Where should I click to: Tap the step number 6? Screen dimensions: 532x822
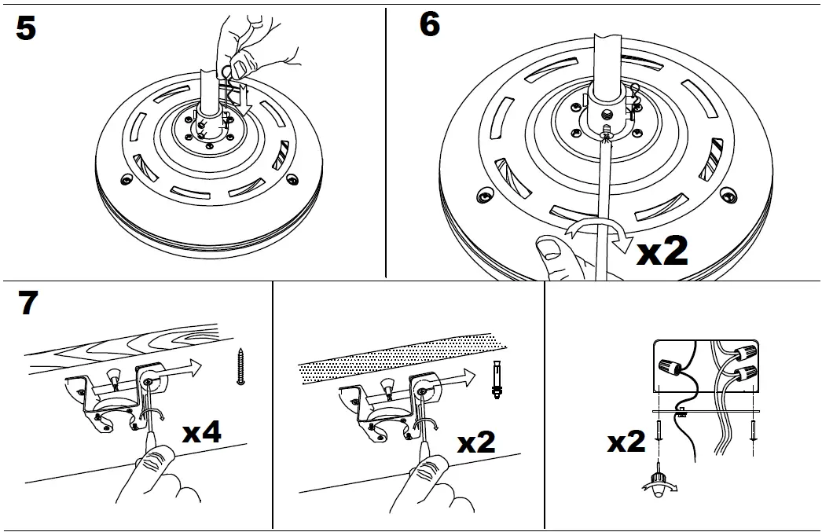click(x=430, y=24)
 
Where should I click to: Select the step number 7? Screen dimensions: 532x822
click(x=28, y=303)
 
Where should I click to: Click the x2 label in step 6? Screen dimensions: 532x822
click(x=661, y=251)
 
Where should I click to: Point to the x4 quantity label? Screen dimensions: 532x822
click(x=201, y=431)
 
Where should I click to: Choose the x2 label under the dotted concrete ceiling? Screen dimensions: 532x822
click(x=476, y=442)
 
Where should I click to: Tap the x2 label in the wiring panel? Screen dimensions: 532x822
click(x=626, y=442)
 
